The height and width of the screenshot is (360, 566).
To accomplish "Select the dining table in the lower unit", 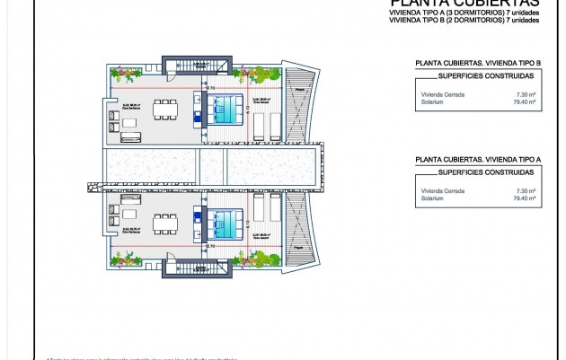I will coord(164,221).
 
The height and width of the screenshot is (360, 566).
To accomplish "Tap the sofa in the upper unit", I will coord(131,136).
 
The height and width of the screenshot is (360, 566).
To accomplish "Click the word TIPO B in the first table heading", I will coord(530,64).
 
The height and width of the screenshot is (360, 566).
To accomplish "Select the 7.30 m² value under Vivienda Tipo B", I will coord(525,94).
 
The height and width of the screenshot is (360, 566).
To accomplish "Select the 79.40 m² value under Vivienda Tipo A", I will coord(523,198).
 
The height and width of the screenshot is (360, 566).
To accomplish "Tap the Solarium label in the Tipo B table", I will coord(430,102).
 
